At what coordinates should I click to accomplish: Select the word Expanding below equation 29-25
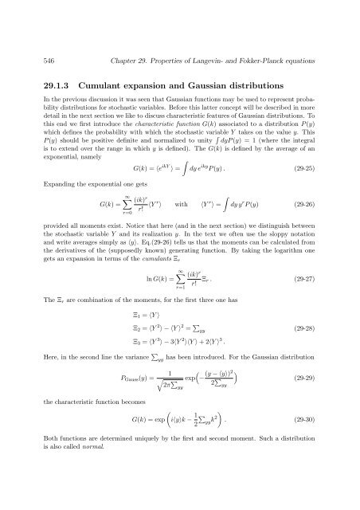(42, 185)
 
